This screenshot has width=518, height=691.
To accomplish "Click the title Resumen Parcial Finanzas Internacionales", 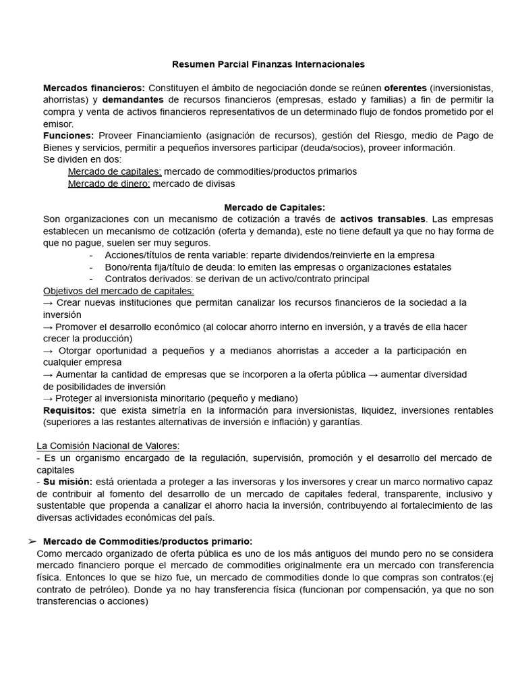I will pyautogui.click(x=268, y=64).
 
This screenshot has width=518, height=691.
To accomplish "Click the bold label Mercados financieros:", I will pyautogui.click(x=94, y=88).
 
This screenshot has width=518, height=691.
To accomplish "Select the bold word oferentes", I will pyautogui.click(x=405, y=88).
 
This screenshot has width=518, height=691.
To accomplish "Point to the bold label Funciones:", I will pyautogui.click(x=68, y=136).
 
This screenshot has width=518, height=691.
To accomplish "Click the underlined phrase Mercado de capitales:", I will pyautogui.click(x=115, y=171).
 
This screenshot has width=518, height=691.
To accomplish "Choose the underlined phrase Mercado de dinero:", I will pyautogui.click(x=109, y=184).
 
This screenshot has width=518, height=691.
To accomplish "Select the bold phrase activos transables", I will pyautogui.click(x=383, y=219).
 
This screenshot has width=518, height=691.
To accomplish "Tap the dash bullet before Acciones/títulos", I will pyautogui.click(x=91, y=255).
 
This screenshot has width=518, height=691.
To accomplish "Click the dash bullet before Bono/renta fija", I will pyautogui.click(x=91, y=267).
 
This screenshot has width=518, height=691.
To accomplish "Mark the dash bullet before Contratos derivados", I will pyautogui.click(x=91, y=279).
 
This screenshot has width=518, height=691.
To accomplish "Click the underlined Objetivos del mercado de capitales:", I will pyautogui.click(x=119, y=291).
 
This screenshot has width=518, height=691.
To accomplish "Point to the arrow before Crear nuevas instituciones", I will pyautogui.click(x=48, y=303).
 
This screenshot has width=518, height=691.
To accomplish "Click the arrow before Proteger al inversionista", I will pyautogui.click(x=48, y=398).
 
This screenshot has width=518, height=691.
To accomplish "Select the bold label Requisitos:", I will pyautogui.click(x=69, y=410).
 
